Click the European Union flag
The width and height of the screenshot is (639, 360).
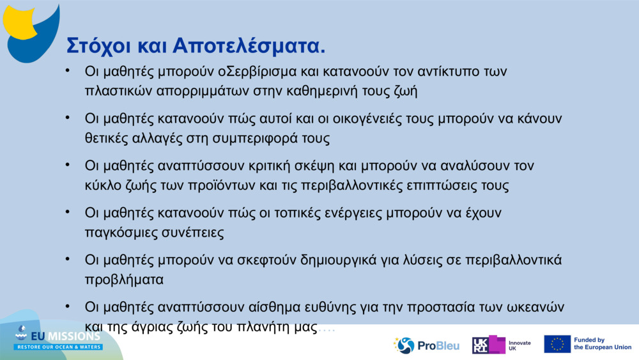557,344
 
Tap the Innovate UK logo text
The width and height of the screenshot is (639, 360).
519,345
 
